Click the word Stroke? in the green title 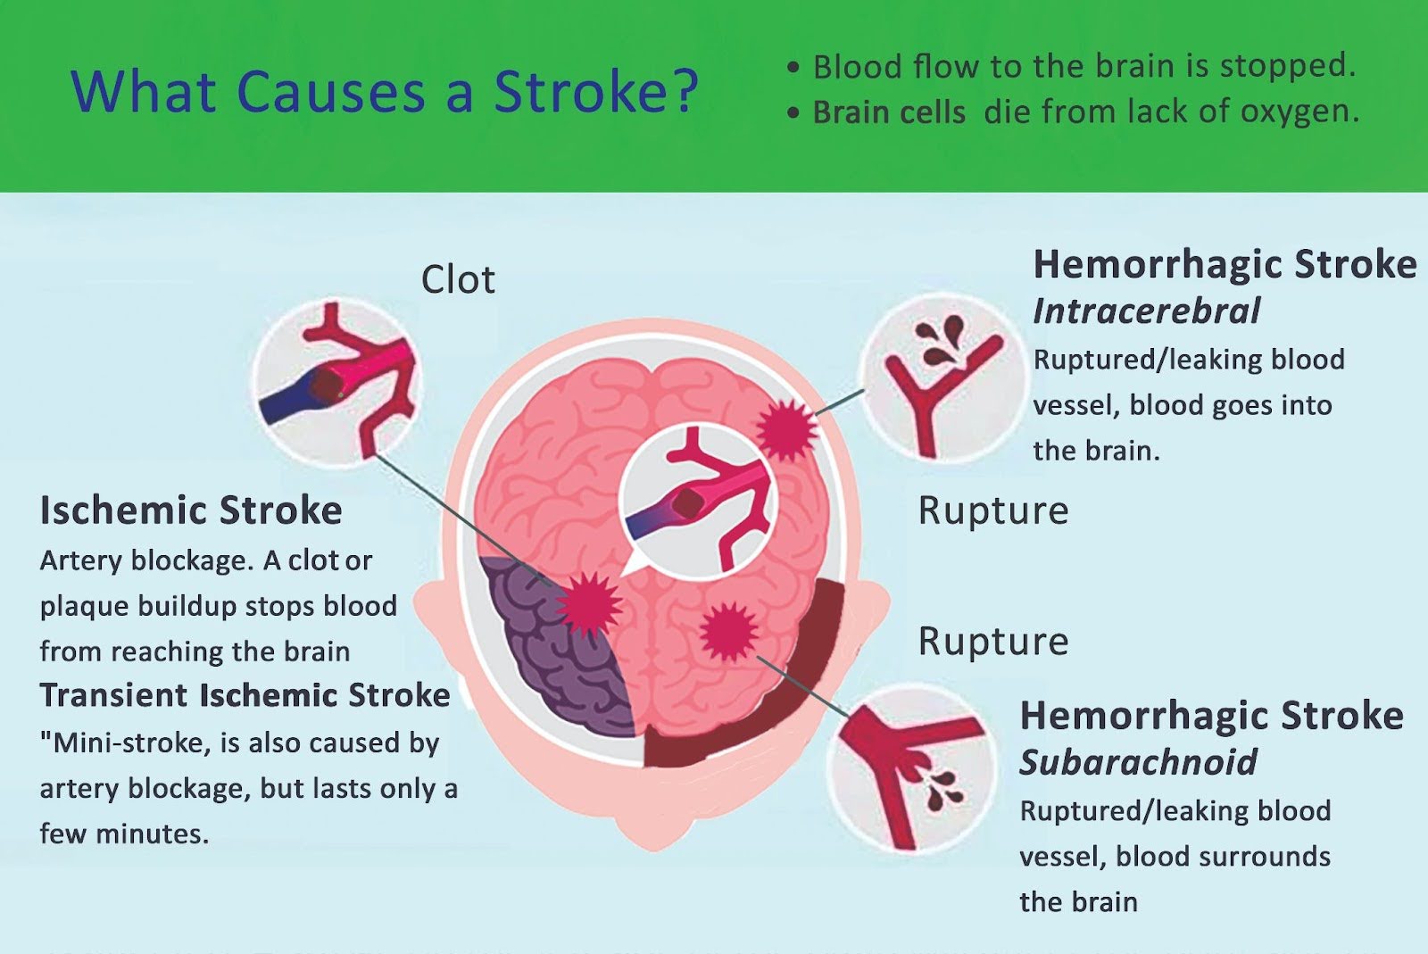(595, 92)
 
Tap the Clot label (458, 280)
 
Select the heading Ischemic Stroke (191, 510)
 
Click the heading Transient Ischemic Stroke (245, 695)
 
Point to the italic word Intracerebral (1146, 311)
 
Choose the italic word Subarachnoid (1138, 763)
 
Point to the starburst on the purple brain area (588, 603)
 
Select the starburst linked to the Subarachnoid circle (729, 631)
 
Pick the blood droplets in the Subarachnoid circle (942, 787)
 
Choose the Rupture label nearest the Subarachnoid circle (992, 642)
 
